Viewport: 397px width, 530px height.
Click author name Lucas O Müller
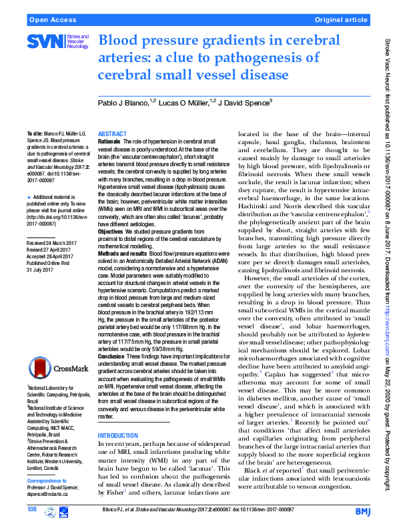click(x=185, y=102)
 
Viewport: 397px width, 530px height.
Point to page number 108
click(x=32, y=511)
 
